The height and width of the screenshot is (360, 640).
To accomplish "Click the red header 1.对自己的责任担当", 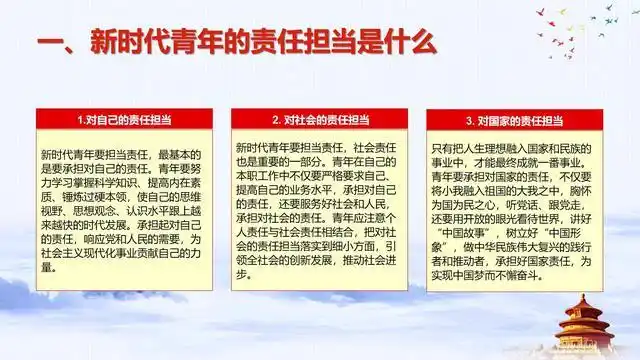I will [125, 120].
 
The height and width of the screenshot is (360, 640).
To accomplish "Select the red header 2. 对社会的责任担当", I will [320, 120].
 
